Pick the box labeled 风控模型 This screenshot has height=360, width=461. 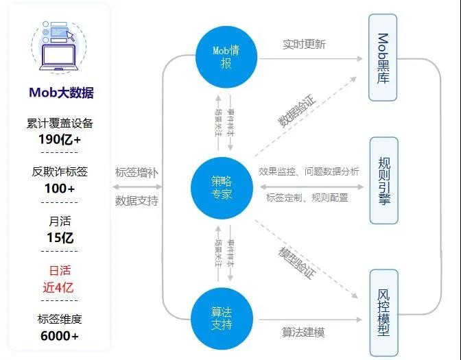tap(383, 311)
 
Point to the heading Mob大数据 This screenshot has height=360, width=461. tap(61, 93)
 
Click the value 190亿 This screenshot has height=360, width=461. tap(59, 139)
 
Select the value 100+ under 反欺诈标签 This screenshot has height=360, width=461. tap(60, 189)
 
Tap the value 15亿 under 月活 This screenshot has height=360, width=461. tap(60, 239)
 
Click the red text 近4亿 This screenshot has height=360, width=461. tap(59, 288)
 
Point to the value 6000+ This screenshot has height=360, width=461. tap(60, 336)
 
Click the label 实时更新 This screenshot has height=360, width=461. tap(304, 45)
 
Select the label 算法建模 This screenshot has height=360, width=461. tap(303, 333)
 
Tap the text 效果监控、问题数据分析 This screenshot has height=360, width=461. tap(309, 171)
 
